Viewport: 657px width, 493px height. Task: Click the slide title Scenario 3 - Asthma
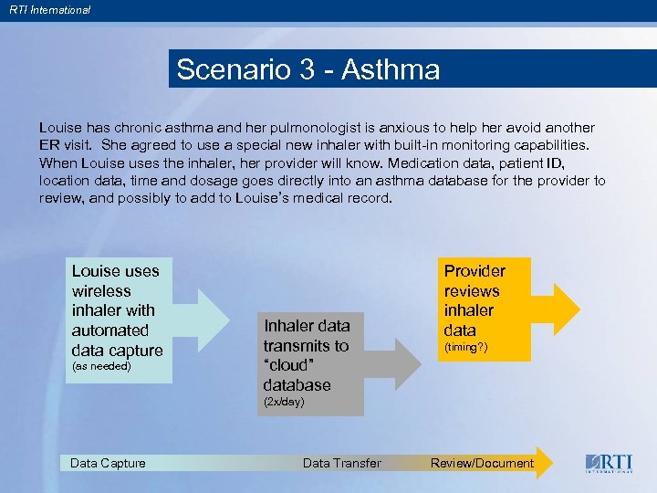pos(308,69)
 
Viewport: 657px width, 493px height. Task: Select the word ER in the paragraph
pos(49,145)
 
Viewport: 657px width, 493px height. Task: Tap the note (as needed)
pos(101,367)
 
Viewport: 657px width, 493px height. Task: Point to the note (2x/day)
pos(284,402)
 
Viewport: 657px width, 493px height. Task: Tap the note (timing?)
pos(472,347)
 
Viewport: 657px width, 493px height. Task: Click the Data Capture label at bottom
pos(108,463)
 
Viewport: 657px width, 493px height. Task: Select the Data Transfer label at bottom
pos(342,463)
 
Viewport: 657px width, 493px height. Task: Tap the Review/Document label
pos(482,463)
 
